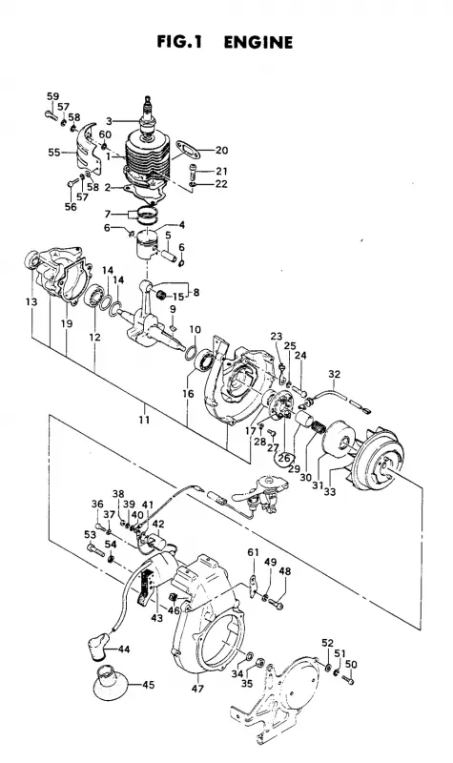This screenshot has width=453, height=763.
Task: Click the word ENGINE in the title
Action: (x=257, y=42)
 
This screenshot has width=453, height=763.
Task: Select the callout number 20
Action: (x=221, y=150)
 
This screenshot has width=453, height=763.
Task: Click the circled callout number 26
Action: (x=284, y=458)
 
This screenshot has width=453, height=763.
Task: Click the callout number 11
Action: (x=144, y=419)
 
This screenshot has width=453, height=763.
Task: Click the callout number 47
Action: (x=197, y=689)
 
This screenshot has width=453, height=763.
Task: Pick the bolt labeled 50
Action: (x=347, y=679)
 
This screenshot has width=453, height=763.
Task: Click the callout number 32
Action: (x=335, y=374)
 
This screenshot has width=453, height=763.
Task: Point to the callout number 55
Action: (x=54, y=153)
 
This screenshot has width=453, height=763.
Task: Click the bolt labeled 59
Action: (x=51, y=115)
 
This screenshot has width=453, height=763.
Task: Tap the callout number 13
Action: (x=31, y=302)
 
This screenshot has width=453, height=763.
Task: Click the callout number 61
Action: (x=253, y=552)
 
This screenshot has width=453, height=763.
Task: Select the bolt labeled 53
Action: (x=96, y=551)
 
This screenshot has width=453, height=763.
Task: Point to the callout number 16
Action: (x=188, y=393)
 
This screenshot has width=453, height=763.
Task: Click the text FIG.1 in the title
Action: (x=179, y=42)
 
